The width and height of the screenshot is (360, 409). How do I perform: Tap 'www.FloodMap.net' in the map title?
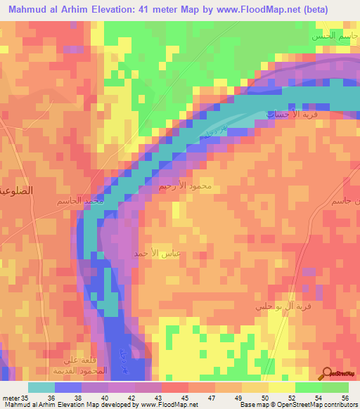point(258,9)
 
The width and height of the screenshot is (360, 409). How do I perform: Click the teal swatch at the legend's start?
point(41,387)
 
